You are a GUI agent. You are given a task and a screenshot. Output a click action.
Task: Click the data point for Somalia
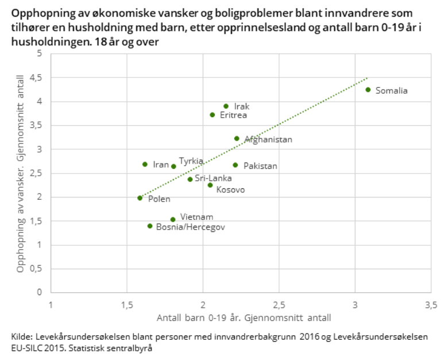[x=368, y=90]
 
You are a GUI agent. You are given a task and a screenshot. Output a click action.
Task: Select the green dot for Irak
[x=226, y=106]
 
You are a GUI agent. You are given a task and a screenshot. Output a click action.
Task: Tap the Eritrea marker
[x=212, y=115]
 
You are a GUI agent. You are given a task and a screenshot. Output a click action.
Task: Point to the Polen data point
[x=140, y=198]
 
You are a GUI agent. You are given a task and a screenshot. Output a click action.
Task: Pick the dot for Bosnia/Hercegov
[x=150, y=226]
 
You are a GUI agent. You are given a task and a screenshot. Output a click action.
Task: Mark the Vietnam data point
[x=173, y=219]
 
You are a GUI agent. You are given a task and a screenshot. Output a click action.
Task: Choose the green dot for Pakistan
[x=235, y=165]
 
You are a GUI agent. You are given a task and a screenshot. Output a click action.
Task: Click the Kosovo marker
[x=210, y=185]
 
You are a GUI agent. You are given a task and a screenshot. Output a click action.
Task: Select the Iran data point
[x=145, y=164]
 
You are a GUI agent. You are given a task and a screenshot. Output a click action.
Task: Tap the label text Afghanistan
[x=269, y=140]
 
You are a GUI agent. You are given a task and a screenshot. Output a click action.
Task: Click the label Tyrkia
[x=191, y=161]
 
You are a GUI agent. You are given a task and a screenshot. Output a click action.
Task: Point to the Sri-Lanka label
[x=213, y=179]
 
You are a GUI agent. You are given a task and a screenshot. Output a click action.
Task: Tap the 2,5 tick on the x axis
[x=279, y=304]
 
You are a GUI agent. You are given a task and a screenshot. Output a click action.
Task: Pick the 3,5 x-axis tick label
[x=431, y=304]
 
